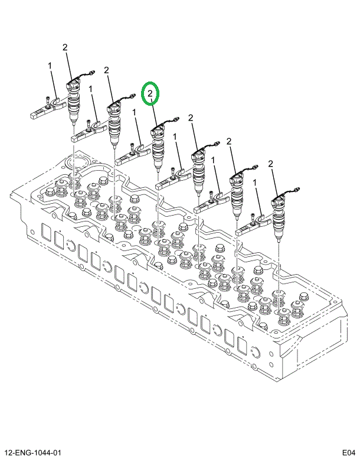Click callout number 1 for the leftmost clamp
coord(50,66)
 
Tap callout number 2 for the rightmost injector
coord(270,163)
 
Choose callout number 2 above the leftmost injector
coord(65,47)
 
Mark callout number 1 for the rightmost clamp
coord(255,184)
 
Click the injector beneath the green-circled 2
coord(158,148)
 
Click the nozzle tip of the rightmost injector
coord(278,240)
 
